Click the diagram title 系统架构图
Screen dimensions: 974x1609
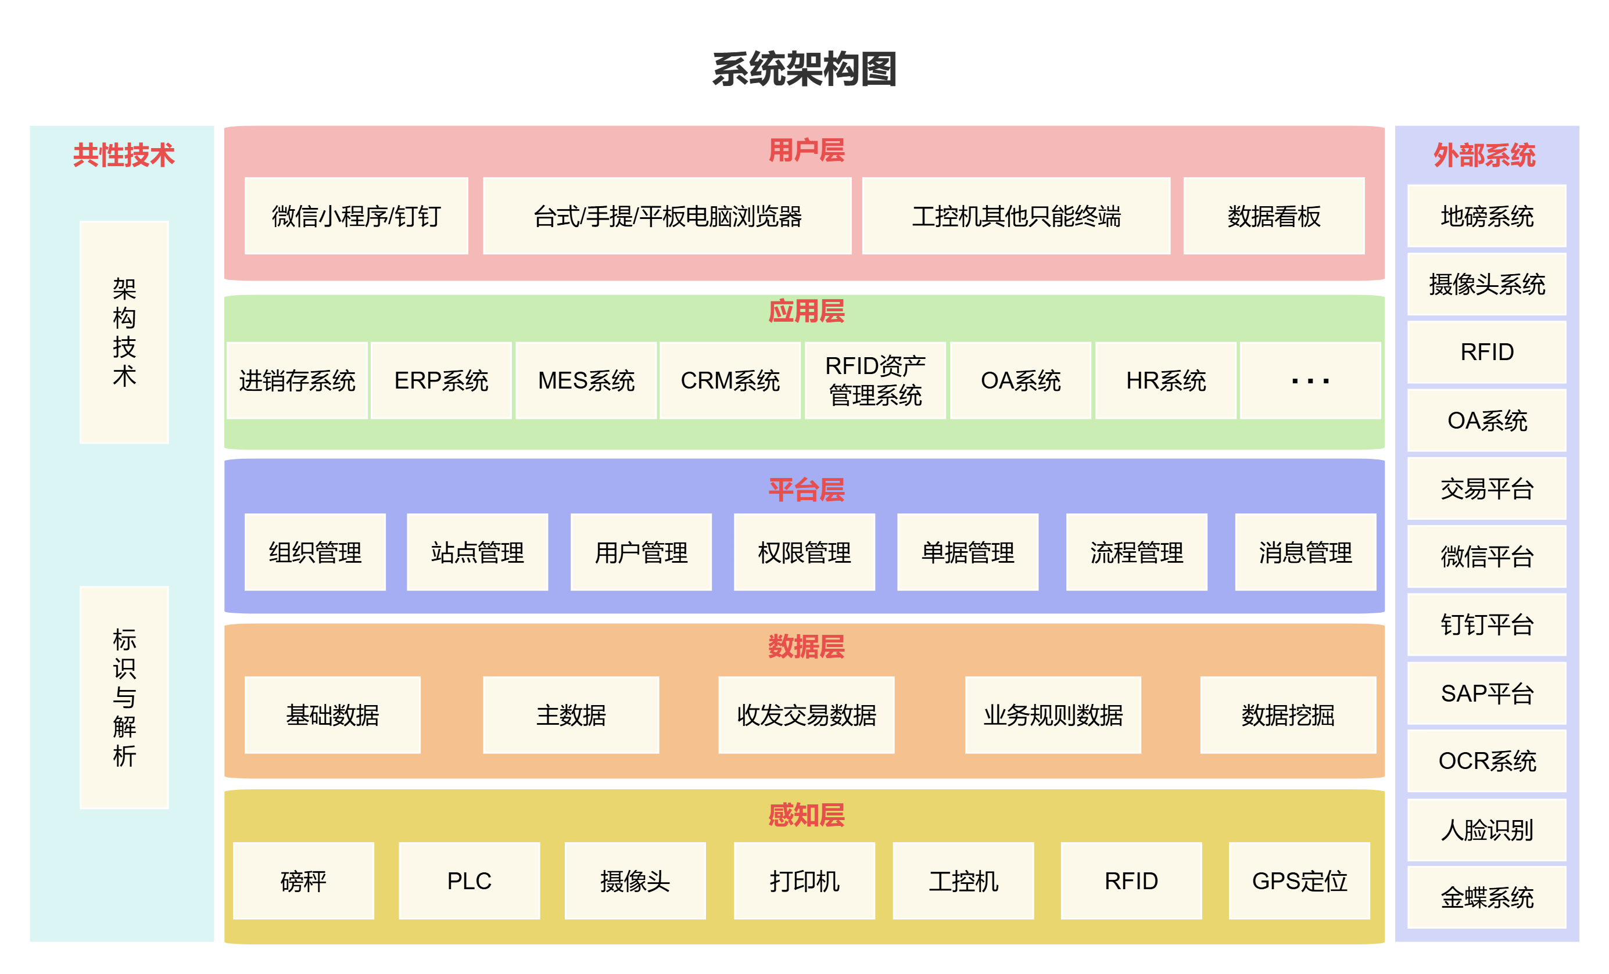[804, 69]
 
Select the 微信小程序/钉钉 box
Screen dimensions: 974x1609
[356, 216]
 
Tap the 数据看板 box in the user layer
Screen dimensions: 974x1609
[1273, 216]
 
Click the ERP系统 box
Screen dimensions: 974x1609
[441, 380]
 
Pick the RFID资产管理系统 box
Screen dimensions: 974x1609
[875, 380]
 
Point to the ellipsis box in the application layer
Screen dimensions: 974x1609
[1310, 380]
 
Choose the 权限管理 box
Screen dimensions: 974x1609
[804, 552]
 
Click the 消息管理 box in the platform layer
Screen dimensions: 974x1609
[1305, 552]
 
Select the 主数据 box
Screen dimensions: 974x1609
[571, 715]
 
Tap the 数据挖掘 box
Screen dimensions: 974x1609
[1288, 715]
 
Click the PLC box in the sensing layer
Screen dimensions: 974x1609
[469, 880]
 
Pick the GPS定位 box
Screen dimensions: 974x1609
[1299, 880]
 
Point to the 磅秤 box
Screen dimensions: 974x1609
[303, 880]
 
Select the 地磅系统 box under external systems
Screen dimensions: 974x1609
[1486, 216]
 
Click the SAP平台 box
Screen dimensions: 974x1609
[1486, 693]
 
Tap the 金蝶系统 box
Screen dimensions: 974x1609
[1486, 897]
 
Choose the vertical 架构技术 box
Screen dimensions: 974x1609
[124, 332]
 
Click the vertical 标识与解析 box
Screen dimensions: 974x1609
[124, 697]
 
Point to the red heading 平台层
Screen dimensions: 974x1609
[806, 490]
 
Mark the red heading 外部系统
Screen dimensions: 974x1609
[1484, 156]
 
